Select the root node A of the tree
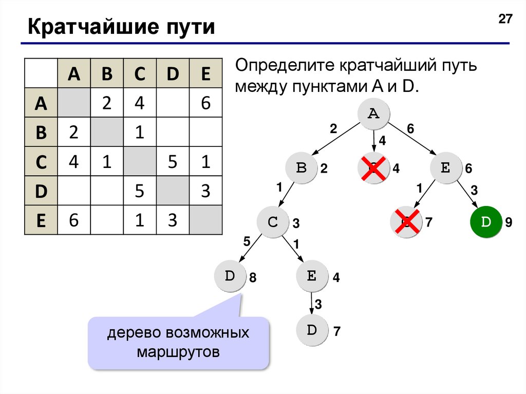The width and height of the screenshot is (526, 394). tap(373, 114)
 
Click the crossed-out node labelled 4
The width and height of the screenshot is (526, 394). tap(373, 167)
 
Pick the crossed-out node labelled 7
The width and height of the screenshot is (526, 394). tap(406, 222)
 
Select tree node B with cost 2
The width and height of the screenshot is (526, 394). tap(302, 167)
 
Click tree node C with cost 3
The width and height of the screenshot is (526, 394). tap(273, 222)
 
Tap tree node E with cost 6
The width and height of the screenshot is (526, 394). tap(446, 167)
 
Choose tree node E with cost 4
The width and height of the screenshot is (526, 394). tap(312, 276)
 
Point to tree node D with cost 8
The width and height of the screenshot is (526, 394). tap(230, 276)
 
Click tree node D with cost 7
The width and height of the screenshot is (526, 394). tap(312, 330)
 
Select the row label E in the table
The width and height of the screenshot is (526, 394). tap(41, 221)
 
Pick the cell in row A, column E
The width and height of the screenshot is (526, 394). tap(205, 103)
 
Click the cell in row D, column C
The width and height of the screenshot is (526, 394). tap(139, 191)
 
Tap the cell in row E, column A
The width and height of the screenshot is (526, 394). tap(74, 221)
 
